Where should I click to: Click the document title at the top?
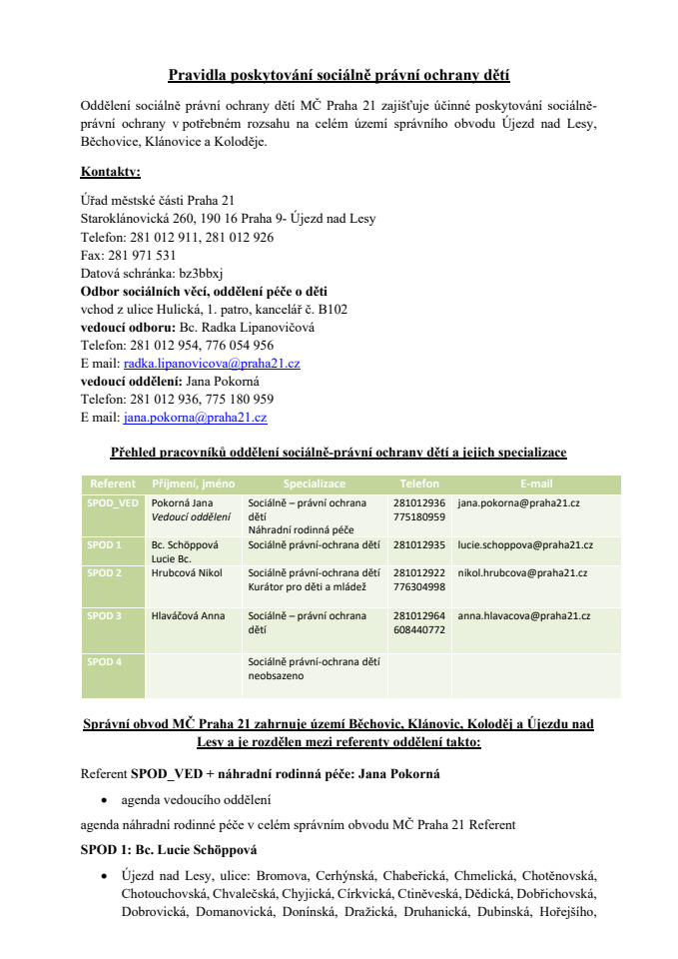point(339,75)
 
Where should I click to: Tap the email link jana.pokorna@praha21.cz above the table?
point(195,418)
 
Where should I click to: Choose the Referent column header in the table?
point(113,483)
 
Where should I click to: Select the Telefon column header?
point(419,483)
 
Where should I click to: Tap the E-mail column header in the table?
point(536,483)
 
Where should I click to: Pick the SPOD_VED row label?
point(113,503)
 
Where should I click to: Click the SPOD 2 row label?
point(105,573)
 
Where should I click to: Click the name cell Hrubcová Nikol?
point(187,573)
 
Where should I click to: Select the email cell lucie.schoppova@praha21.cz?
point(525,545)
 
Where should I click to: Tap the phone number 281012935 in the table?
point(419,545)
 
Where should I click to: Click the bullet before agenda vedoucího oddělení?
point(105,801)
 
